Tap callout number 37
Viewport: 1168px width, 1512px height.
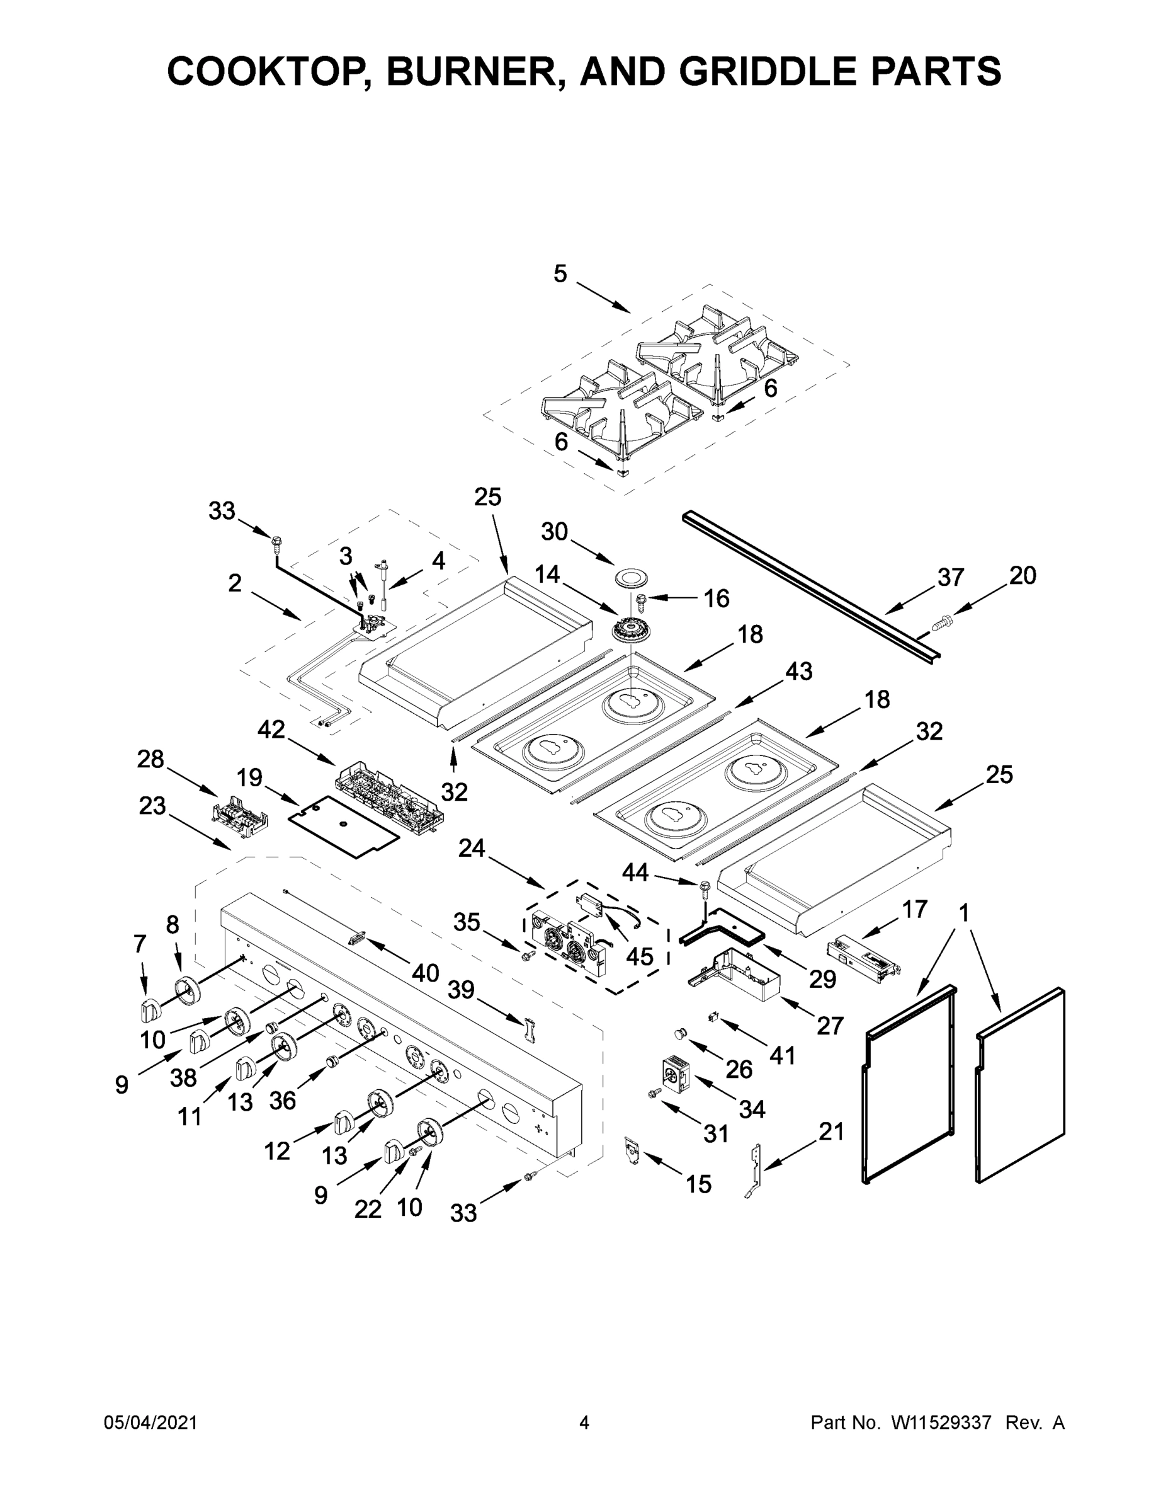click(x=950, y=576)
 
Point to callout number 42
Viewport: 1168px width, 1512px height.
click(x=271, y=729)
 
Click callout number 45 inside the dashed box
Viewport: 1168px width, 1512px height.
click(x=638, y=956)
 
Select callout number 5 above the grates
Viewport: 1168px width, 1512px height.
click(x=560, y=274)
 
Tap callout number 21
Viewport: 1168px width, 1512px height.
click(x=831, y=1132)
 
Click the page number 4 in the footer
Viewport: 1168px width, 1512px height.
click(x=584, y=1423)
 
